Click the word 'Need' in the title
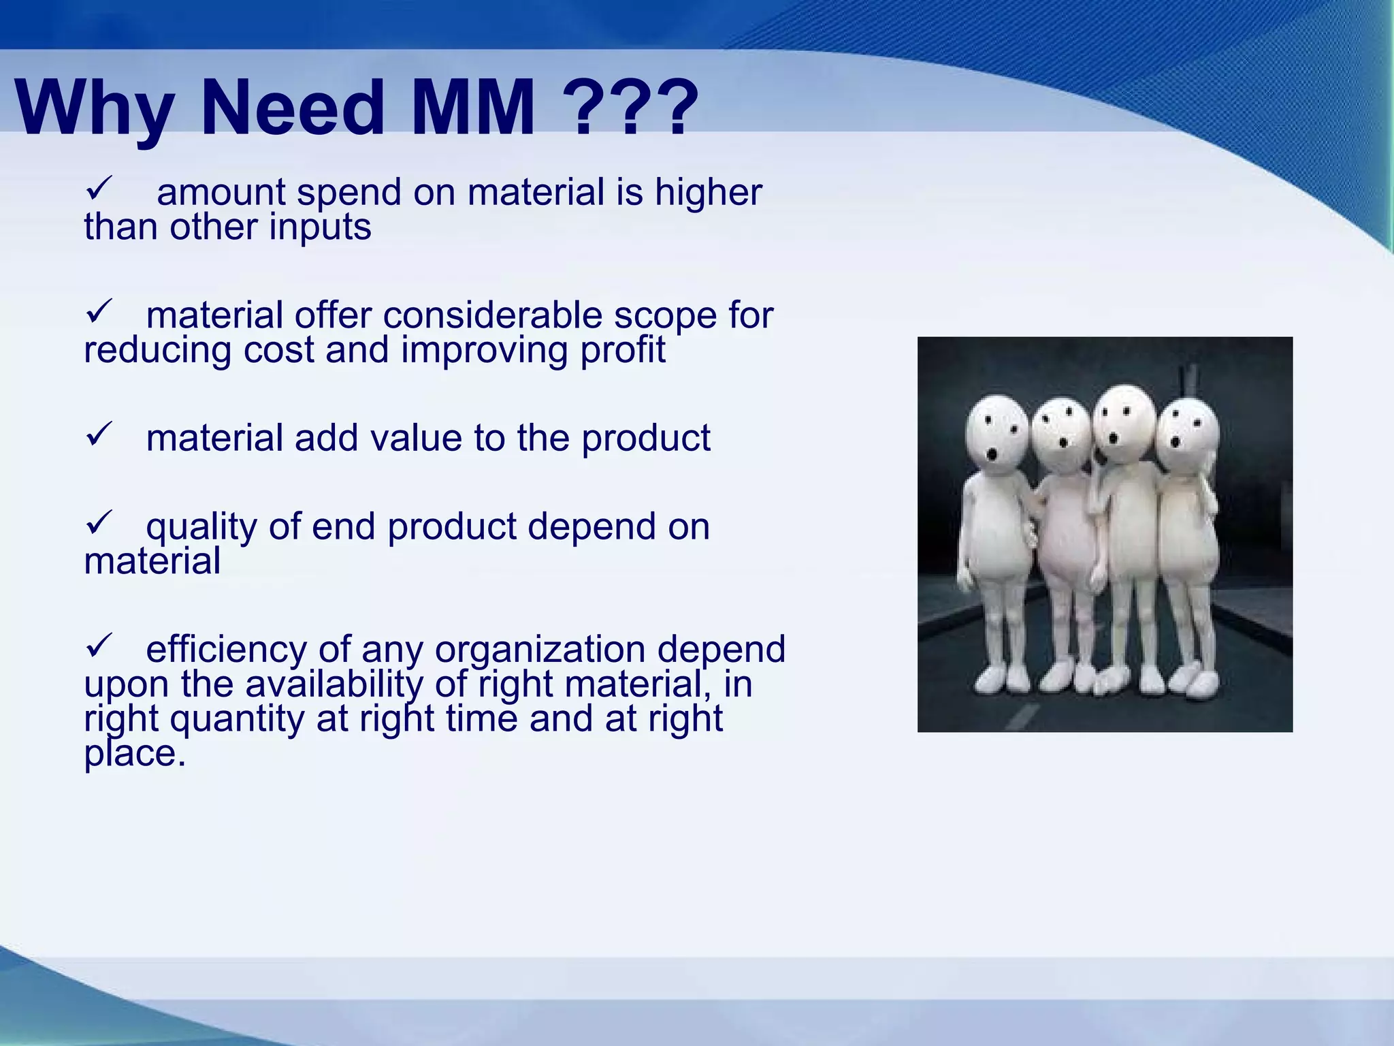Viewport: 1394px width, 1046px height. [293, 108]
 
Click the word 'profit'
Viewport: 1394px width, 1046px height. [622, 350]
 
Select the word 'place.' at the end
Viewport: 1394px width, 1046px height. [135, 754]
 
